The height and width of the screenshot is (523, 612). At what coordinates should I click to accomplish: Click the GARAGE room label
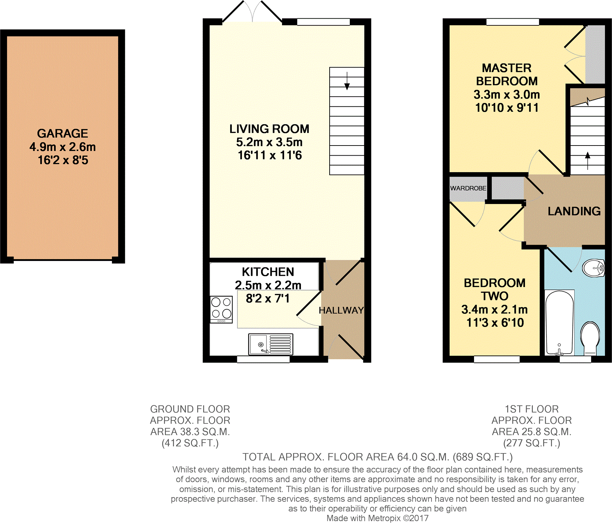click(62, 133)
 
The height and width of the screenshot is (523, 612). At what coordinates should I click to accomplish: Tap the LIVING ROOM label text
click(269, 129)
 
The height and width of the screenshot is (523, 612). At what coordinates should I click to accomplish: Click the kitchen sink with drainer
click(271, 344)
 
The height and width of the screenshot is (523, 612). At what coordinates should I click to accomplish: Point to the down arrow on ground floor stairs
click(347, 81)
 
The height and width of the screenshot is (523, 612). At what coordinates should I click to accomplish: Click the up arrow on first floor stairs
click(588, 160)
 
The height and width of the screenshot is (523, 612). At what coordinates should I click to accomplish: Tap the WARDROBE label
click(468, 188)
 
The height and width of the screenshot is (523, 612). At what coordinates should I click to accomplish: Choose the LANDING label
click(574, 211)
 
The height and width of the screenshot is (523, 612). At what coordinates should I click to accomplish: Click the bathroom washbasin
click(593, 268)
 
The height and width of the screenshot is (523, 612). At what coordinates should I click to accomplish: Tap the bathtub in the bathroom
click(559, 323)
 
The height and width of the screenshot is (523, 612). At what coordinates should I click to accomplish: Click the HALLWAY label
click(341, 310)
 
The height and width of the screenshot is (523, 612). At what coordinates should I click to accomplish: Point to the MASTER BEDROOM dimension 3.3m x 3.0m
click(507, 95)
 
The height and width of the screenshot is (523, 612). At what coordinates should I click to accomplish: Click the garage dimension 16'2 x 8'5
click(63, 160)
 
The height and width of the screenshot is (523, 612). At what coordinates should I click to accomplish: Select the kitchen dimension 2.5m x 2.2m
click(268, 285)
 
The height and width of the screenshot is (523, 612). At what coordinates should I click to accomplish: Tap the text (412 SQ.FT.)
click(190, 443)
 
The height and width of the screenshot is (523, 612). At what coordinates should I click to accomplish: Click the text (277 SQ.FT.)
click(532, 443)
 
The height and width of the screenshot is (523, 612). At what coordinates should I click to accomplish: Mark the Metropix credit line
click(378, 518)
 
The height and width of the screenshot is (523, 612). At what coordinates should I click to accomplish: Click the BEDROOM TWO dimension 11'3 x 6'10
click(495, 323)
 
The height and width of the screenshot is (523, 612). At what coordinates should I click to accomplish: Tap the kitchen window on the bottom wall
click(263, 359)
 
